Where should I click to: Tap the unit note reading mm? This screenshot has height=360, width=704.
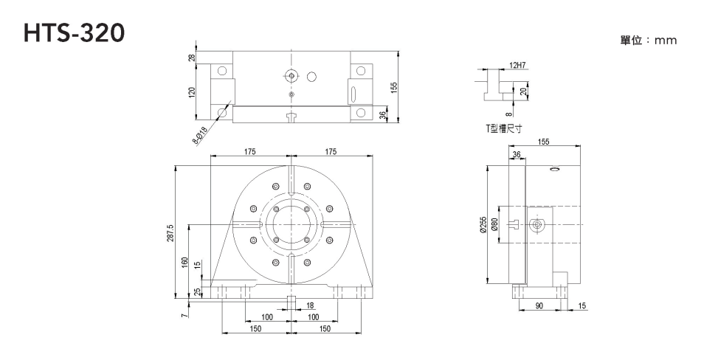[x=649, y=41]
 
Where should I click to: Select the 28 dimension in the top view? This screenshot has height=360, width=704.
[x=192, y=58]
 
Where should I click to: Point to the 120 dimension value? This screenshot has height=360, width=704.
[x=192, y=93]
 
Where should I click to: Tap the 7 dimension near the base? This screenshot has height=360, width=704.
[x=184, y=316]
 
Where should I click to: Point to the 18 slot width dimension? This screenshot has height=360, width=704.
[x=309, y=305]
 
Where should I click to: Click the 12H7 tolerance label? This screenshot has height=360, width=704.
[x=517, y=66]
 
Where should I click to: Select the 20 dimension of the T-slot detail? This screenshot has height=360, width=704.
[x=523, y=91]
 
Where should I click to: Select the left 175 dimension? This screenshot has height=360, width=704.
[x=250, y=151]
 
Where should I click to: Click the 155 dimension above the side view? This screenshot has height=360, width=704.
[x=543, y=141]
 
